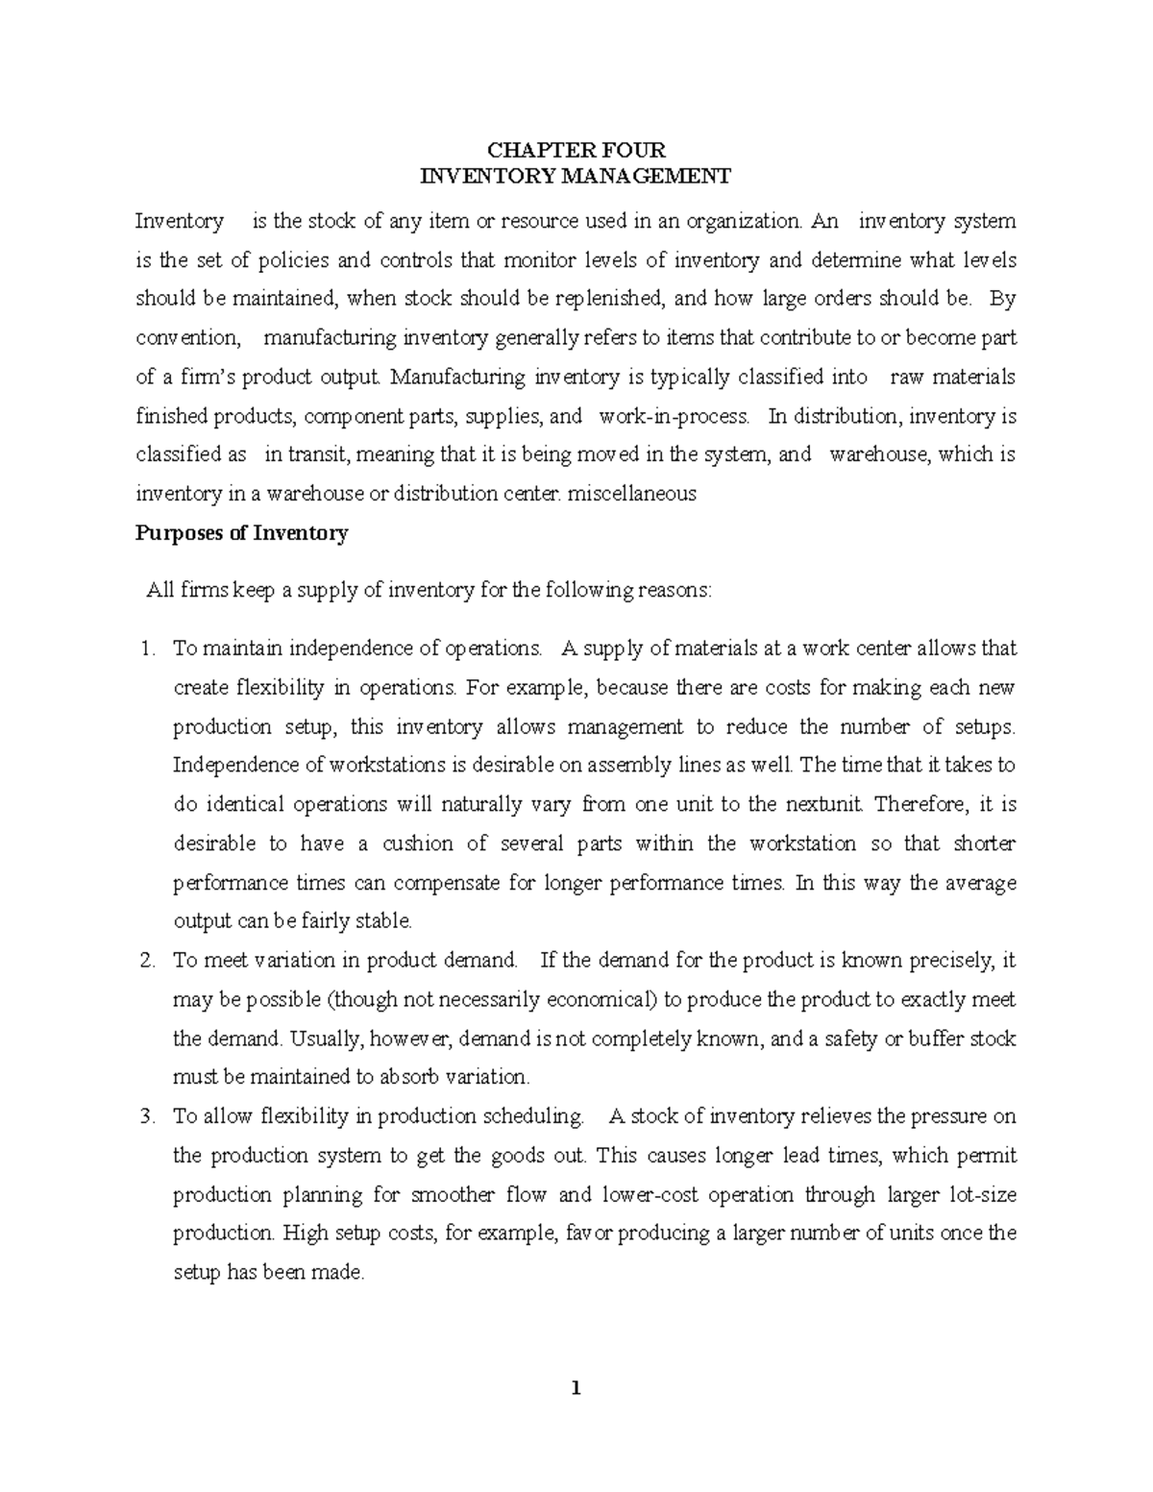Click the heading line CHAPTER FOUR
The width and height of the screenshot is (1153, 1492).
[576, 150]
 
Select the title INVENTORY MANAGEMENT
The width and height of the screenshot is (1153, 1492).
[576, 176]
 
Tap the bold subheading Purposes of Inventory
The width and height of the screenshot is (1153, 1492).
[241, 533]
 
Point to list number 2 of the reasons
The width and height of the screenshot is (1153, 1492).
[147, 960]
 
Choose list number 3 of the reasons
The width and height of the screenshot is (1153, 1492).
[147, 1116]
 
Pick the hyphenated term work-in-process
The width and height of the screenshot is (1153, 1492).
[673, 416]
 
